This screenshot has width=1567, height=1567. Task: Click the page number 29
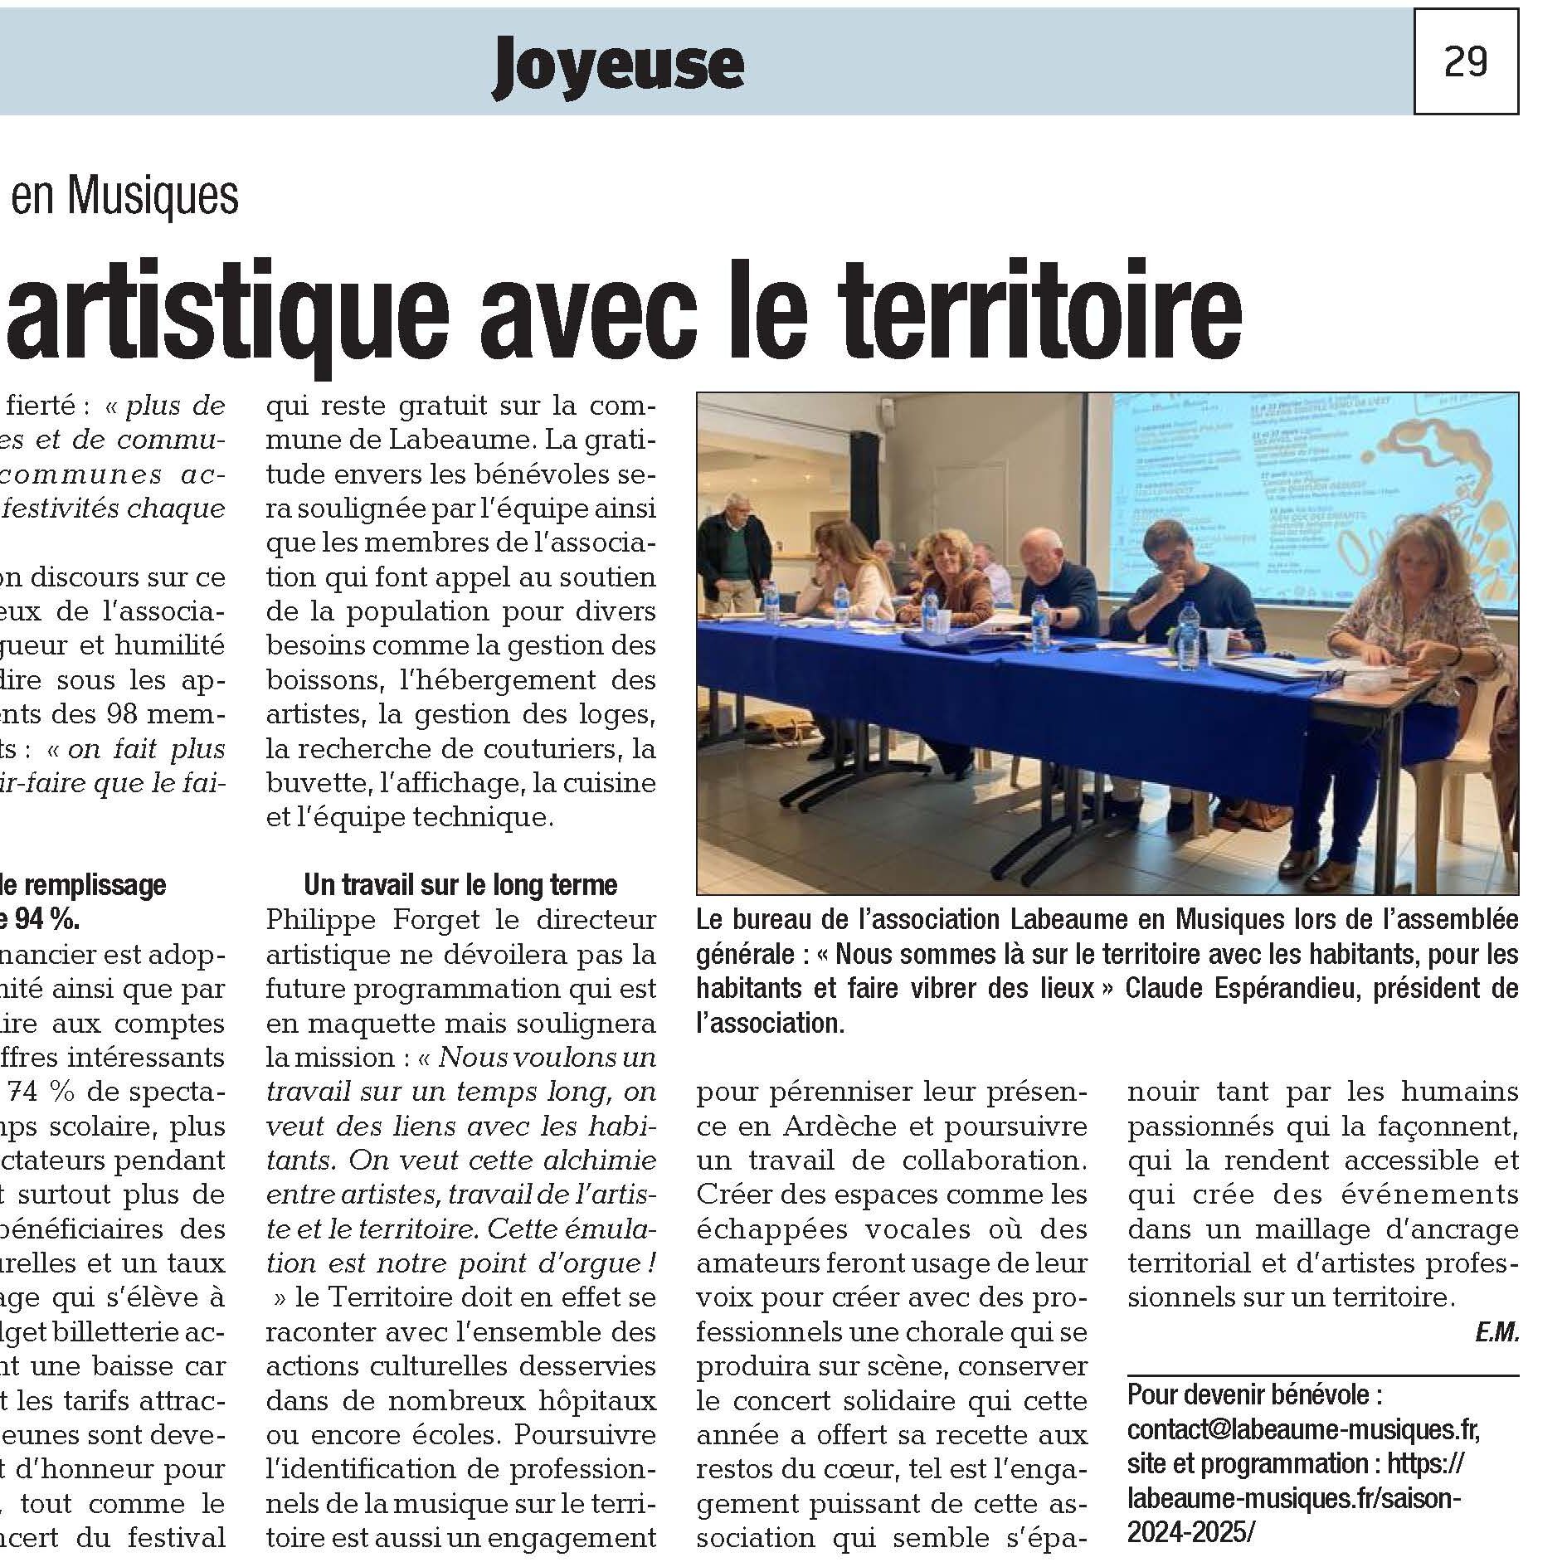[x=1465, y=61]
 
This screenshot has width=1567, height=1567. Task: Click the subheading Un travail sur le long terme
[x=460, y=885]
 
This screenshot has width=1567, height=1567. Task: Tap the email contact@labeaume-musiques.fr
[x=1303, y=1430]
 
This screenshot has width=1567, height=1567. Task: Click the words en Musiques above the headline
[x=125, y=196]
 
